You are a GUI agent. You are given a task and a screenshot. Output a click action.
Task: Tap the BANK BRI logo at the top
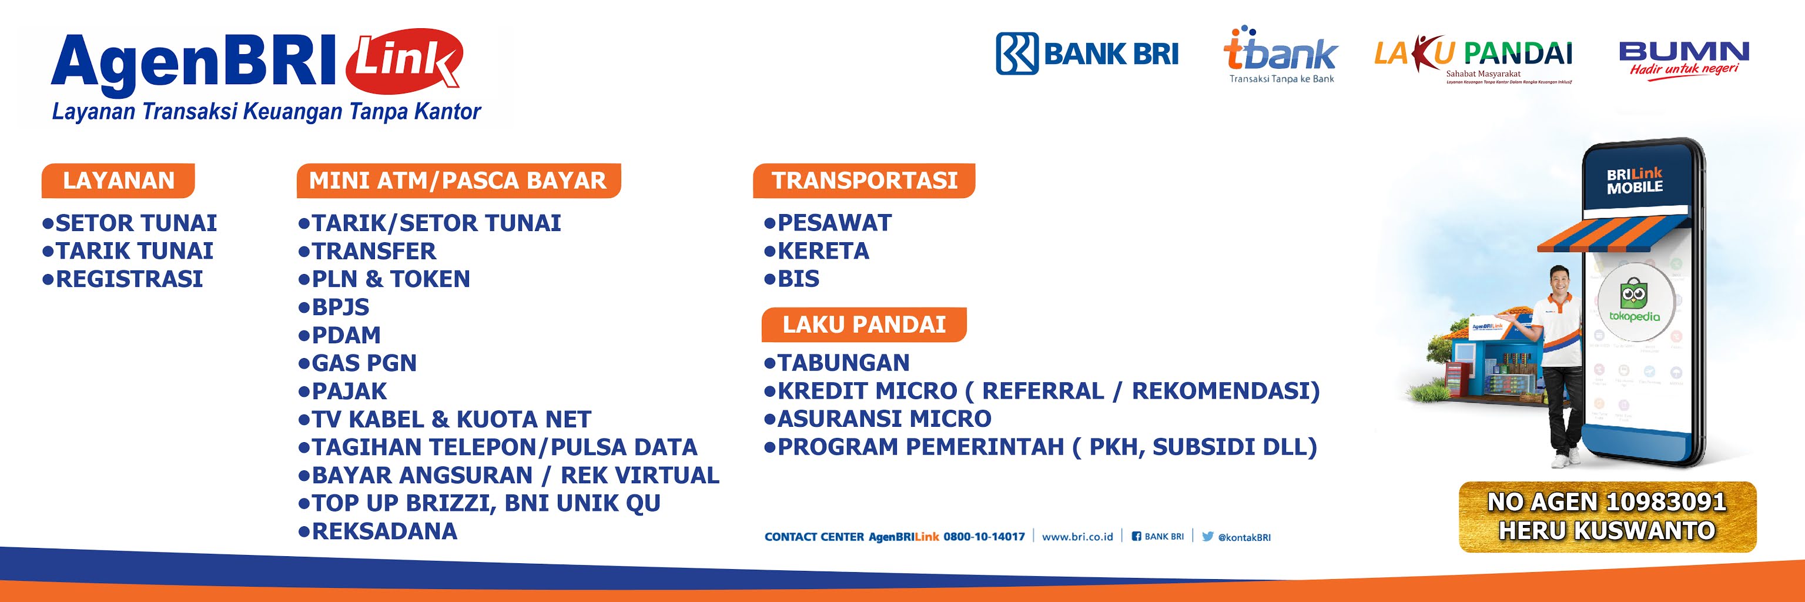(x=1087, y=53)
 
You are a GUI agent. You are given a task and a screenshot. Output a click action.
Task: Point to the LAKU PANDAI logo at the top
(x=1473, y=58)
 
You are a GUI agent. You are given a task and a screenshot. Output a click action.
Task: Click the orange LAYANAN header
(x=118, y=181)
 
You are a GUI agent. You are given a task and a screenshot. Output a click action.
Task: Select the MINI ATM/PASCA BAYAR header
(x=457, y=181)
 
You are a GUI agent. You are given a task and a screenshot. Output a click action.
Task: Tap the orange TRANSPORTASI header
(x=864, y=181)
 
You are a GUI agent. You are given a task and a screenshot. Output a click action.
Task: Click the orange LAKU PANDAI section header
(x=863, y=325)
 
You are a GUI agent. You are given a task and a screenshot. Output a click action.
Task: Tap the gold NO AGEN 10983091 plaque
(x=1607, y=517)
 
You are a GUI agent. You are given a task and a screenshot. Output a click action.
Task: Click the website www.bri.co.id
(x=1077, y=537)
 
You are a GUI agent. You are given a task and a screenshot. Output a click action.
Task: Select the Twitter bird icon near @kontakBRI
(x=1207, y=536)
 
